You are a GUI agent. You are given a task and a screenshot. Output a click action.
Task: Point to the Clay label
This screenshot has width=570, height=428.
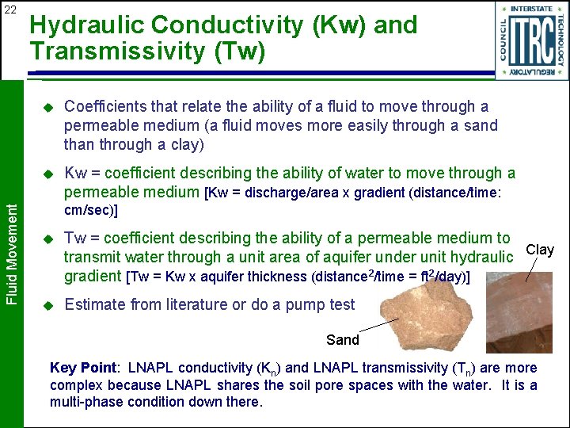(x=540, y=250)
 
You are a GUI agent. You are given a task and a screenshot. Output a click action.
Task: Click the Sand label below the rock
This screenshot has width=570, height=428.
(x=342, y=340)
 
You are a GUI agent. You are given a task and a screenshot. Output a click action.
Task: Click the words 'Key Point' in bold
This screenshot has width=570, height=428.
(x=82, y=368)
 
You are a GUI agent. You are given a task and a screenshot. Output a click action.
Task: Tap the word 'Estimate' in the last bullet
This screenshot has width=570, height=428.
(x=94, y=304)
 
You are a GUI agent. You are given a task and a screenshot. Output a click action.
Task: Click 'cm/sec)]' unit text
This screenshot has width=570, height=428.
(x=91, y=211)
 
